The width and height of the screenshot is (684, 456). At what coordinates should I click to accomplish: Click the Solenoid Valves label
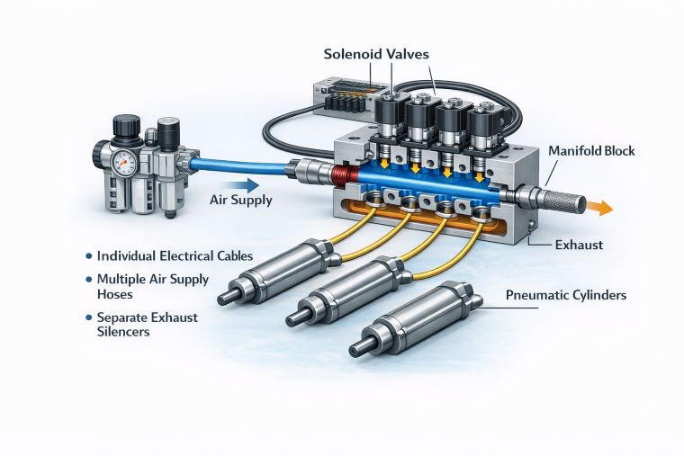point(376,55)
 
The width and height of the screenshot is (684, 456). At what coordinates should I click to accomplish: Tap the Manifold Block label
point(591,151)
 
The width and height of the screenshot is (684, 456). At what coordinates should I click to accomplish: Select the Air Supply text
point(240,200)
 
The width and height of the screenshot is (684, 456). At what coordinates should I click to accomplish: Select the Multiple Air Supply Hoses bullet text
point(152,286)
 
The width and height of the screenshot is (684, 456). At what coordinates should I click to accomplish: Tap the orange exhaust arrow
point(598,208)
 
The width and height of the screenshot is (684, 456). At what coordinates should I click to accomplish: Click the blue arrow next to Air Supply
point(239,184)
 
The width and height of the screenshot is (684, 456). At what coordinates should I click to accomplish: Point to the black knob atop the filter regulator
point(126,126)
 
